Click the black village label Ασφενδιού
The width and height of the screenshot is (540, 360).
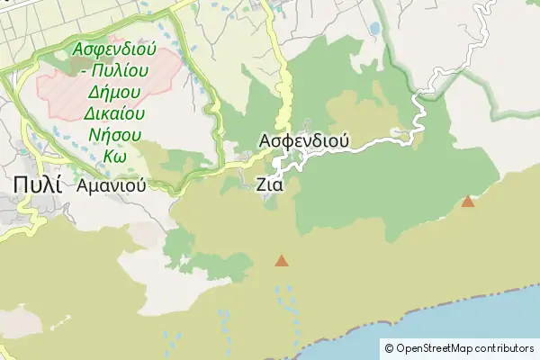tap(303, 141)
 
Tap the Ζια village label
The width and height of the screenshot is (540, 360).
tap(270, 184)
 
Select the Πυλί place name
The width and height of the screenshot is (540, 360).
tap(37, 184)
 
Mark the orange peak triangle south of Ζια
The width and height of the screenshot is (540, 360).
tap(282, 261)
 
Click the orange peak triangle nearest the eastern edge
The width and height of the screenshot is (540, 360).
tap(468, 202)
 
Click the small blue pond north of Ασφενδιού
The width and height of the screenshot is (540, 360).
tap(373, 30)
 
